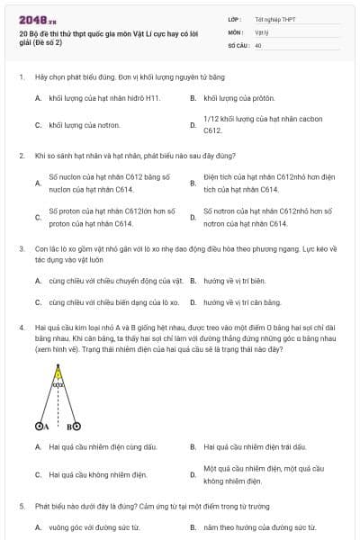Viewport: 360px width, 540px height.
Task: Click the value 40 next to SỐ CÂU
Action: coord(258,44)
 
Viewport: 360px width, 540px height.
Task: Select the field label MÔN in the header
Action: coord(234,31)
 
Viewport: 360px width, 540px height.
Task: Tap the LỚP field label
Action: coord(234,19)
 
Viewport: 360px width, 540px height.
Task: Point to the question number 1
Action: coord(21,78)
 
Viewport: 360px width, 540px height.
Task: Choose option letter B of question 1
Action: coord(193,97)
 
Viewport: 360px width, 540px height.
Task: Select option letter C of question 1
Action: coord(38,125)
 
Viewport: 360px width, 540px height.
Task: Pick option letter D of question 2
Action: coord(193,217)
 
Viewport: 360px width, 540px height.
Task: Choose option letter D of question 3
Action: coord(193,302)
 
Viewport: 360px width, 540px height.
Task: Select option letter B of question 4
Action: coord(193,445)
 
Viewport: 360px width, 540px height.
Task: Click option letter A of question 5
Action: coord(38,526)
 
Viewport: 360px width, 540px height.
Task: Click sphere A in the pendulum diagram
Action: coord(40,427)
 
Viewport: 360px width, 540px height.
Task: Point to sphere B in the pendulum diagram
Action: coord(76,427)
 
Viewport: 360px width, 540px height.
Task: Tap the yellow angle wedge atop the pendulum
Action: coord(58,373)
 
